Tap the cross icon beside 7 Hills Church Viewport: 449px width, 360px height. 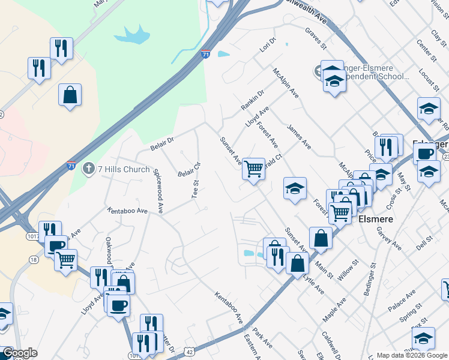tap(89, 169)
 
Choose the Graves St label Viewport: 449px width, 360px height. tap(315, 38)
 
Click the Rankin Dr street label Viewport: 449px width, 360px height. tap(253, 100)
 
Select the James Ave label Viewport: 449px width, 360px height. tap(299, 136)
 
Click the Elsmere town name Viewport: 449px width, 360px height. tap(375, 220)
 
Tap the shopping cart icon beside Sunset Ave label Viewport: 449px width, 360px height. tap(254, 170)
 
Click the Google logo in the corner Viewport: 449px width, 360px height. tap(20, 353)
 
